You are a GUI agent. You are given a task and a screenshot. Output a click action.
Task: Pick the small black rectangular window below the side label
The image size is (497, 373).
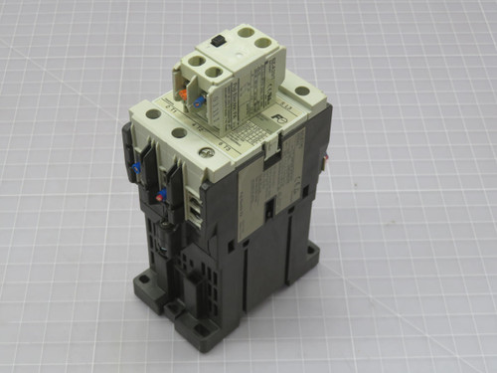(x=269, y=210)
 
